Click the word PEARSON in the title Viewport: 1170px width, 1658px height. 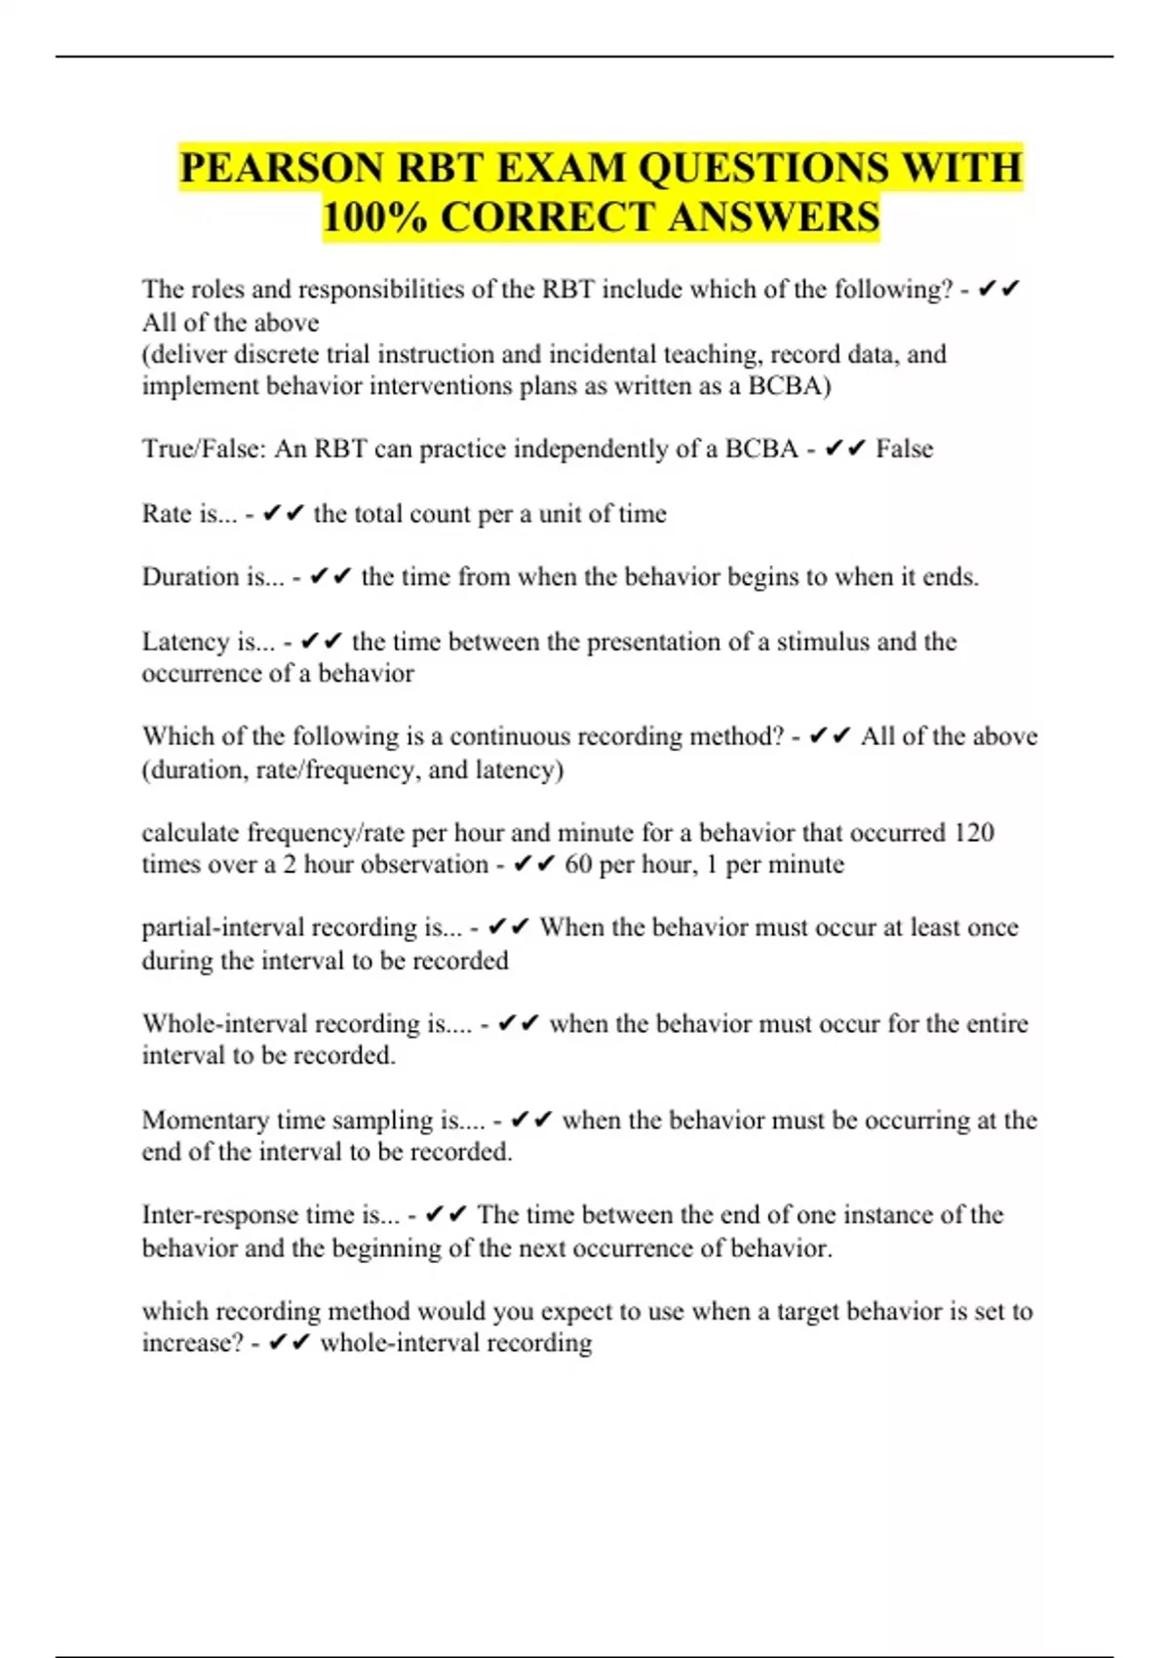coord(282,168)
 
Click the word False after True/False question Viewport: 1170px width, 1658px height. coord(904,449)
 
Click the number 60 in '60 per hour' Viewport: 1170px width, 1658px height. coord(578,865)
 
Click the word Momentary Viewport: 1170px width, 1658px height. coord(205,1120)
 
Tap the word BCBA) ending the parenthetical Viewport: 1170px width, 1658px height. coord(789,386)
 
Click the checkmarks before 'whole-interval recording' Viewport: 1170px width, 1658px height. coord(289,1343)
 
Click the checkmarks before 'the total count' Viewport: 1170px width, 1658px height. coord(284,514)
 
